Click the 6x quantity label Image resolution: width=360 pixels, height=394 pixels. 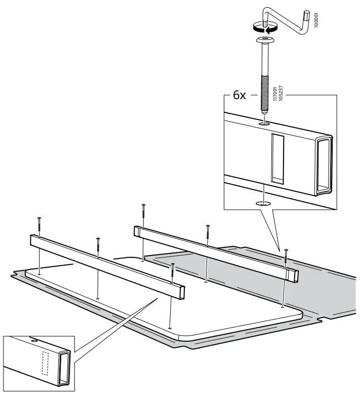coord(239,95)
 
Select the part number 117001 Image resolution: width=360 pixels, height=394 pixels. coord(275,94)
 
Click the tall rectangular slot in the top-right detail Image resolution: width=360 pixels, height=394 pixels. coord(277,158)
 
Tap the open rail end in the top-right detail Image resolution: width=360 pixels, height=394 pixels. coord(323,165)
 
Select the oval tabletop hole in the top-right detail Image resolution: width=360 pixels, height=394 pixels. coord(263,203)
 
